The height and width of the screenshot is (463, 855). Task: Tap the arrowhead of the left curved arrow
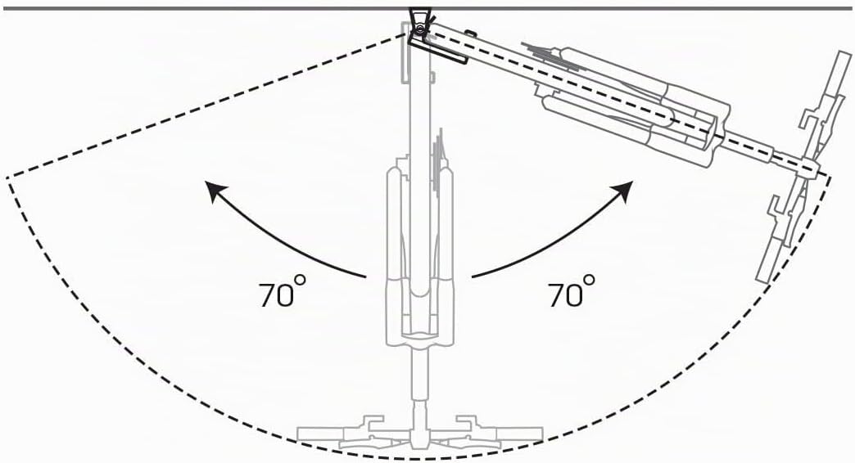pos(214,192)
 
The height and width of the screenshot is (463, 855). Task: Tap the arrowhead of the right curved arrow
pos(624,192)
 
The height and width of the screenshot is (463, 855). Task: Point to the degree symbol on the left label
pos(300,280)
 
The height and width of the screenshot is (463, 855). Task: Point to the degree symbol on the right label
pos(589,280)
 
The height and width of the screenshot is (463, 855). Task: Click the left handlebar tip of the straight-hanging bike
pos(298,434)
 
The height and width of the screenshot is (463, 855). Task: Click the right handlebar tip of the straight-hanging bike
pos(540,434)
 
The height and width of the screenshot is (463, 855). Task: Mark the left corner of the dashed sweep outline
pos(7,178)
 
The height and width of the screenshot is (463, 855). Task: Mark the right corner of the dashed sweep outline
pos(830,175)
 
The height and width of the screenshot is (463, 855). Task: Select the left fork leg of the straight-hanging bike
pos(394,256)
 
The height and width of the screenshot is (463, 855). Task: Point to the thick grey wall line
pos(427,9)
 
